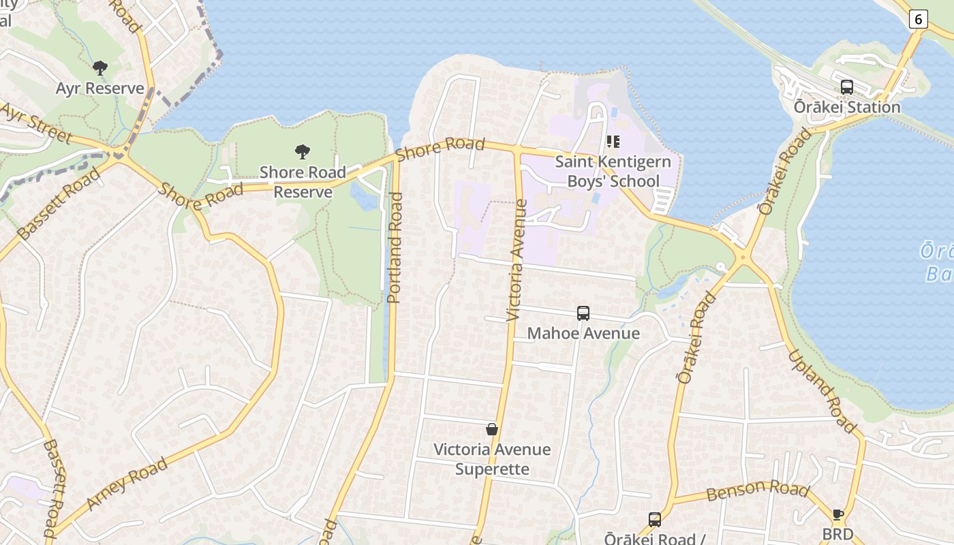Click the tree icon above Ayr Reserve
point(100,68)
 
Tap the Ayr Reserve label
point(100,89)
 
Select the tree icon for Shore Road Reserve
point(303,152)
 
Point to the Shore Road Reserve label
point(303,182)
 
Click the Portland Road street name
point(395,247)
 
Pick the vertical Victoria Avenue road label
point(517,260)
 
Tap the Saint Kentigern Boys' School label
point(613,172)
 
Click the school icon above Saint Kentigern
point(613,142)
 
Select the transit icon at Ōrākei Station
point(847,87)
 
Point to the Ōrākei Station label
point(847,108)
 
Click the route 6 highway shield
point(918,19)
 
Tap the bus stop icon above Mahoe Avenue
point(583,313)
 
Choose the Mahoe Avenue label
point(583,333)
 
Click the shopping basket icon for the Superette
point(492,429)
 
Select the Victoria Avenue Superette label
point(492,459)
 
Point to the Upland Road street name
point(822,391)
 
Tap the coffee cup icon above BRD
point(837,515)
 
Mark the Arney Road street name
point(127,484)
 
